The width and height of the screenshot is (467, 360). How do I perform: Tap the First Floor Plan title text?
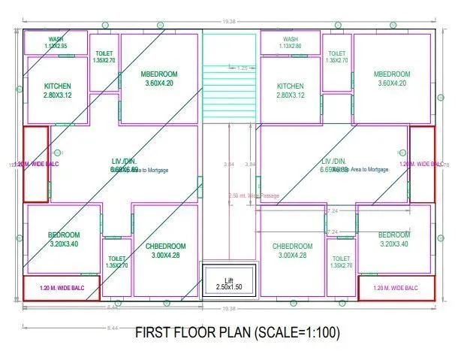(233, 331)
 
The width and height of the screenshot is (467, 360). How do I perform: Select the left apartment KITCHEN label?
(58, 86)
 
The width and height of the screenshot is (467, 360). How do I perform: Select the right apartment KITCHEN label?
(290, 86)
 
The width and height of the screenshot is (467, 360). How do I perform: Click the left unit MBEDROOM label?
(159, 74)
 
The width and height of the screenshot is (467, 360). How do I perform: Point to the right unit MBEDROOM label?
(392, 74)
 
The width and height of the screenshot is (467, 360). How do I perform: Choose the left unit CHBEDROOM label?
(167, 246)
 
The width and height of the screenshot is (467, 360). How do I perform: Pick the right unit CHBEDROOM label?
(292, 246)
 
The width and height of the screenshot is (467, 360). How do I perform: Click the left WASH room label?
(56, 39)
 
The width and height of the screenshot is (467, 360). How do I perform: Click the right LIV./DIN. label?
(334, 162)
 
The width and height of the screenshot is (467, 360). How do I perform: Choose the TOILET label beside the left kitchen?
(104, 54)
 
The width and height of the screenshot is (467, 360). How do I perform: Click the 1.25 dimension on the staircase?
(242, 68)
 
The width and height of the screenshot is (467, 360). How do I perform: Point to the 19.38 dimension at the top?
(227, 22)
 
